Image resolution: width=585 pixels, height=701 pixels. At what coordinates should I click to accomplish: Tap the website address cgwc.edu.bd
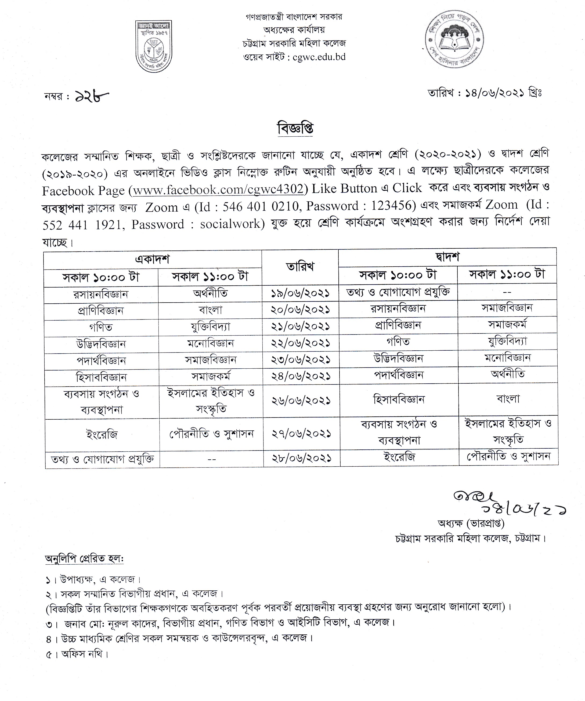click(x=319, y=57)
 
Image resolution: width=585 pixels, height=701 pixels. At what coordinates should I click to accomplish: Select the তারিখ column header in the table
click(x=300, y=267)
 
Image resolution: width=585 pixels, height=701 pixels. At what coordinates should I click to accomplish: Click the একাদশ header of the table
click(x=152, y=259)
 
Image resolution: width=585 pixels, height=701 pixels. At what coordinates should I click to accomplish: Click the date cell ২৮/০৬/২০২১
click(x=302, y=458)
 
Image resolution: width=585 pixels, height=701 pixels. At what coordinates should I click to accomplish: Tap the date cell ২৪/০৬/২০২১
click(x=301, y=376)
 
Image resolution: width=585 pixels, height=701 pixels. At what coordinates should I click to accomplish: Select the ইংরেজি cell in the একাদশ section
click(x=102, y=435)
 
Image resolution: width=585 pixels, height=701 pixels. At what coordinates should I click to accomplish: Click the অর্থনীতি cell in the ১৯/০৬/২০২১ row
click(x=210, y=293)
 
